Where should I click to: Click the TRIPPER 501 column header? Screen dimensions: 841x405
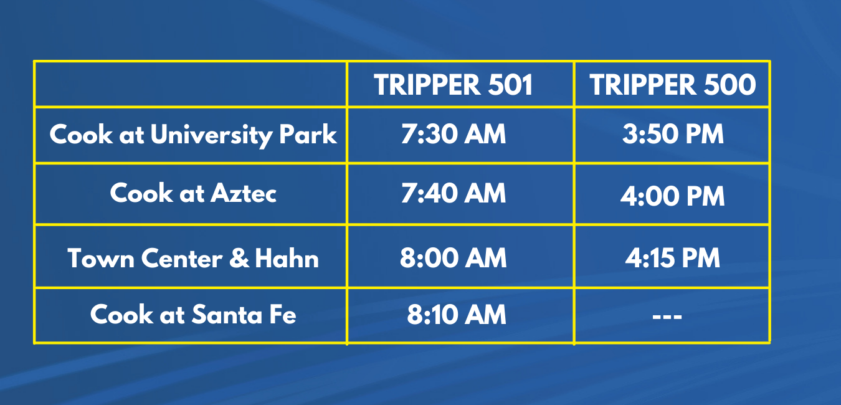(453, 85)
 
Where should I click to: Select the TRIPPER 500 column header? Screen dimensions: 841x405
(672, 85)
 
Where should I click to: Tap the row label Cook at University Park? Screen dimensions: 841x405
(193, 135)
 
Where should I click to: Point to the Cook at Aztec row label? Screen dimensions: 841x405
(193, 193)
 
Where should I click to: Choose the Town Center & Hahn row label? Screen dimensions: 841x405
(193, 258)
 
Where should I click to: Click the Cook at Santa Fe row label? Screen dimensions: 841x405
(193, 314)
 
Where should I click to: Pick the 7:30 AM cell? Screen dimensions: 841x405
(453, 134)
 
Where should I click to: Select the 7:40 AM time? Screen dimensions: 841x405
(453, 193)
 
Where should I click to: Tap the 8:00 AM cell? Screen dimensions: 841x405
(453, 258)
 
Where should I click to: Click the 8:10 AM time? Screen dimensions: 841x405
(457, 314)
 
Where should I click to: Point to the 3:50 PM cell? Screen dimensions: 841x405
(673, 134)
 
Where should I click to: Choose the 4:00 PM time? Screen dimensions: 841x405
(672, 196)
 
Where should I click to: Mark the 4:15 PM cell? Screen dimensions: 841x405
(672, 258)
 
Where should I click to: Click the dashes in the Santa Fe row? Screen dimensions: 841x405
(667, 317)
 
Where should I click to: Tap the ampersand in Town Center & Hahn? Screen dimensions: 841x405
(239, 258)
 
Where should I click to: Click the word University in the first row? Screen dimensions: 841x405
(211, 135)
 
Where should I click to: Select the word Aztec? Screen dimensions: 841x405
(244, 193)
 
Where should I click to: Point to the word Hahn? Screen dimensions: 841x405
(287, 258)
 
